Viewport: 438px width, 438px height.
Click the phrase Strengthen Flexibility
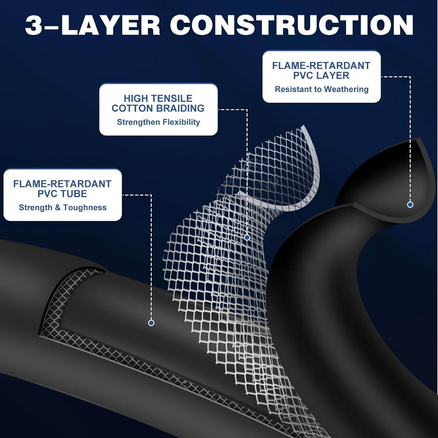(x=159, y=122)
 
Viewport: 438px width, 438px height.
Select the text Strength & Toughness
(x=62, y=208)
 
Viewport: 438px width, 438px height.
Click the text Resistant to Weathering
(x=321, y=89)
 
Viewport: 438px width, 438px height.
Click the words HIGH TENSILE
(x=158, y=98)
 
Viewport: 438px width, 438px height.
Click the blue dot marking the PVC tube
(x=151, y=323)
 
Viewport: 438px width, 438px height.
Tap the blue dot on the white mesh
(x=247, y=237)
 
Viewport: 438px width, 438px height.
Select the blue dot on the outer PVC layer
(x=410, y=205)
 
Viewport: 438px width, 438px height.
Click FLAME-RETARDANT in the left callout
(x=62, y=184)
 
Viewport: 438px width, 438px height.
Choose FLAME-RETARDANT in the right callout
(x=321, y=66)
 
